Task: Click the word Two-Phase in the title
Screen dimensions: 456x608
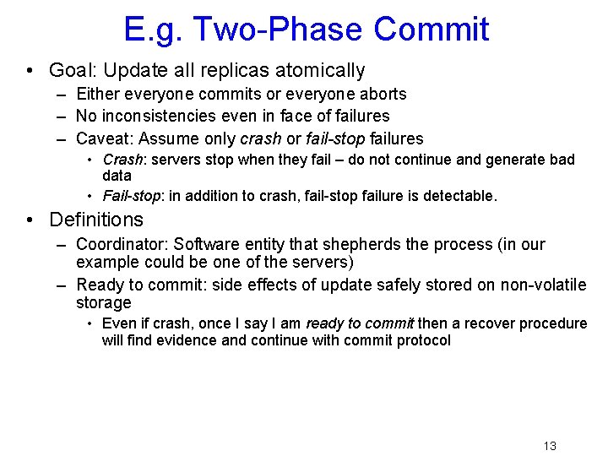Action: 282,29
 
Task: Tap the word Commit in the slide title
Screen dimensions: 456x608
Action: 431,29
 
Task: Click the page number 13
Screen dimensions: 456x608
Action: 550,446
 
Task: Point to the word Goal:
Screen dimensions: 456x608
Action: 73,71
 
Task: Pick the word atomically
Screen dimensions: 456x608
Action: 321,71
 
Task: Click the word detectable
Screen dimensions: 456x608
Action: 461,196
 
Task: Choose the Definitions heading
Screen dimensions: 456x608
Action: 96,220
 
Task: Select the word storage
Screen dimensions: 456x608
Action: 103,302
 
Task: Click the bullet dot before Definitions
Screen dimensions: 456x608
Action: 30,220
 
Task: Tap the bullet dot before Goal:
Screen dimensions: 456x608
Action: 30,71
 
